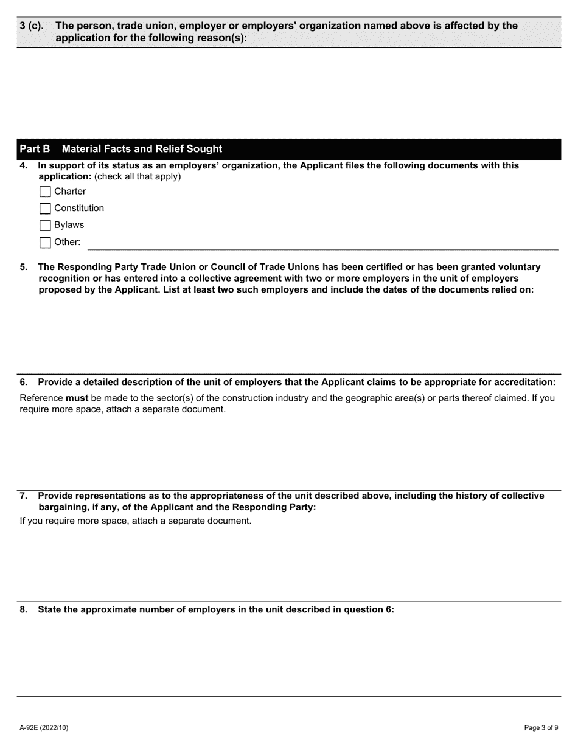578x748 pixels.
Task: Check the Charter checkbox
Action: point(45,192)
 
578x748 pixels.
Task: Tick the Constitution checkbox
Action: point(45,209)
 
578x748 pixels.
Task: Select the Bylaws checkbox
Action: point(45,226)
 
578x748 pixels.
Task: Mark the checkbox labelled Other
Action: point(45,243)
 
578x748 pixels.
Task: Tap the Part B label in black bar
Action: point(35,149)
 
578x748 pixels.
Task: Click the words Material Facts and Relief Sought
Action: point(142,149)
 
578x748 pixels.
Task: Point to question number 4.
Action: point(24,165)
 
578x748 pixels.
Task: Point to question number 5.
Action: point(24,267)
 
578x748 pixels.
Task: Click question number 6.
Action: point(24,382)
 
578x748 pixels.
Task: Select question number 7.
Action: point(24,496)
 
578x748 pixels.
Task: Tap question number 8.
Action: point(24,609)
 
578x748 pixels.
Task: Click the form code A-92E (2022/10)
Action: point(44,727)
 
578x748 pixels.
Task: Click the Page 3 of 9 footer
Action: point(541,727)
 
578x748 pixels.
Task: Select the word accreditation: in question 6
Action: point(522,382)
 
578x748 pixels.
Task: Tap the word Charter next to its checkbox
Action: point(70,192)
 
